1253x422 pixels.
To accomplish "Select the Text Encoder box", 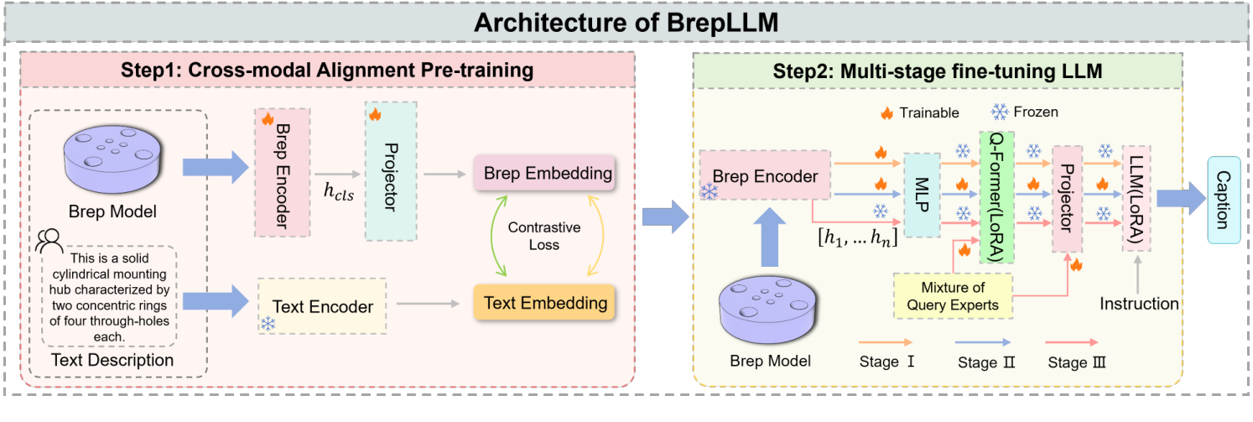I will pos(323,307).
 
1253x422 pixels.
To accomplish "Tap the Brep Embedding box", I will pos(548,174).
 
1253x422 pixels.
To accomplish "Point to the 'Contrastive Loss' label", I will pos(544,237).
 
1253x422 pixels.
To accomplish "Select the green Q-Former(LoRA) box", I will pos(996,197).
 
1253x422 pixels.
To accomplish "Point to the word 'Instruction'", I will pos(1139,303).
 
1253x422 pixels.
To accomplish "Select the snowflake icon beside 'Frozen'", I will pos(999,112).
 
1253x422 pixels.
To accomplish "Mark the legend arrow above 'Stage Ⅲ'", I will pos(1076,342).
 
